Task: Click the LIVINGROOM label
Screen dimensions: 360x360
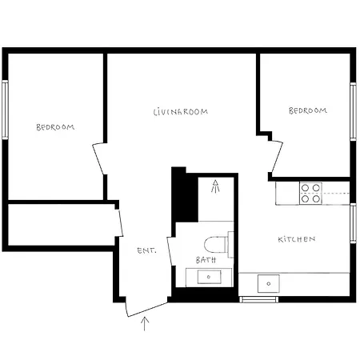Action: [x=181, y=112]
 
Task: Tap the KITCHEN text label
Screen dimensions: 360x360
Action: [x=297, y=239]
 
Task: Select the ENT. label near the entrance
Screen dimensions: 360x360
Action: [x=146, y=250]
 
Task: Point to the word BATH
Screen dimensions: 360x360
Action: [x=206, y=260]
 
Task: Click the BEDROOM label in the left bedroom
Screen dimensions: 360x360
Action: [x=55, y=127]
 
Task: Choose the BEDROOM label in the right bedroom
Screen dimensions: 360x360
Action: [x=308, y=110]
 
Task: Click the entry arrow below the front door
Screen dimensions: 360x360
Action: [x=145, y=324]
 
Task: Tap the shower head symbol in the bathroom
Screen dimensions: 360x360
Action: [x=215, y=186]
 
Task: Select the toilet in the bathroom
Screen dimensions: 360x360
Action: [x=218, y=245]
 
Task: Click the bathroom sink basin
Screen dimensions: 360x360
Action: [x=209, y=277]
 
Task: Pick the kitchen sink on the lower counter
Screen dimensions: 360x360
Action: [x=269, y=283]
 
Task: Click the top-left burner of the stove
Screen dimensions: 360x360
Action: [x=305, y=188]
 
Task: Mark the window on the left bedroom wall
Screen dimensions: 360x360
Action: [x=5, y=110]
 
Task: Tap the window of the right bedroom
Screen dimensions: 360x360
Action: [x=353, y=111]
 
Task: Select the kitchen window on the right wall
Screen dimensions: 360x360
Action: [x=353, y=223]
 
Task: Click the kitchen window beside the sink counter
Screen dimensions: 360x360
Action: [x=258, y=299]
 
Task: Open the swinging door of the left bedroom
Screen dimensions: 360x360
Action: [x=99, y=159]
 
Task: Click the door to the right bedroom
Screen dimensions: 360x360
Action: [x=277, y=157]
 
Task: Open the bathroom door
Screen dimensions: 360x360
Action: [x=171, y=250]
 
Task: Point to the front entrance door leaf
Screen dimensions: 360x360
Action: [x=146, y=310]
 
